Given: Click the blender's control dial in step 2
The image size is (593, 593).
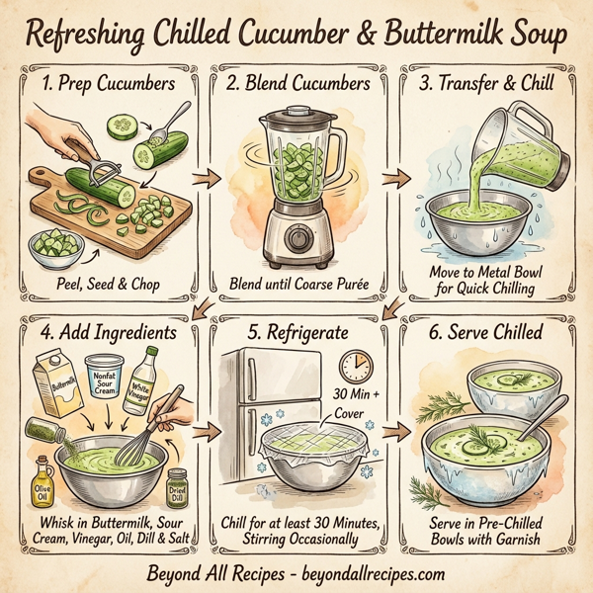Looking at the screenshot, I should (x=296, y=238).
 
